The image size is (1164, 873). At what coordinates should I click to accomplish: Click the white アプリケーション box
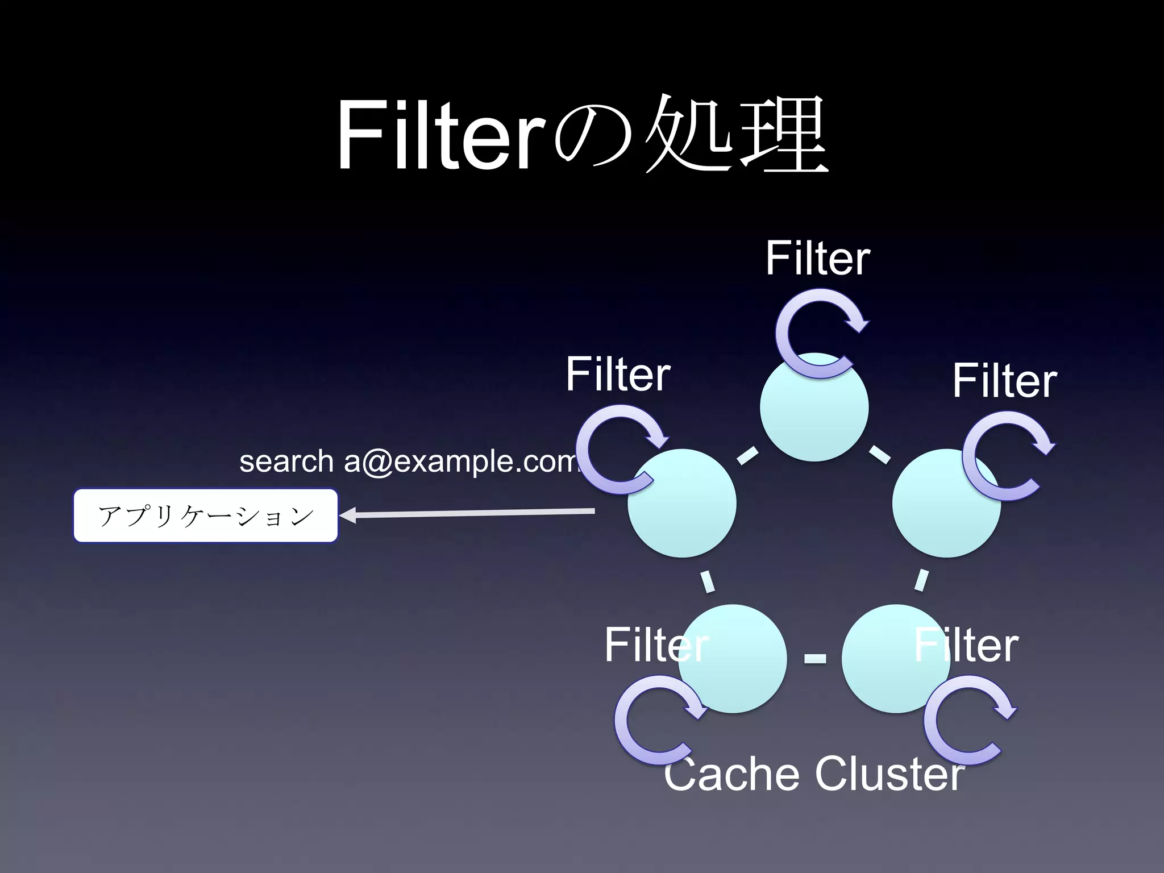coord(206,516)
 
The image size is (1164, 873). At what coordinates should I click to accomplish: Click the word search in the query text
coord(286,461)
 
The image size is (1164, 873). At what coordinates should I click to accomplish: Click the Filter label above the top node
coord(817,258)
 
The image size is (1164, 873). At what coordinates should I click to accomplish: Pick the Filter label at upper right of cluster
coord(1004,380)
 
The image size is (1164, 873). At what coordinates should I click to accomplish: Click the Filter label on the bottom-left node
coord(656,645)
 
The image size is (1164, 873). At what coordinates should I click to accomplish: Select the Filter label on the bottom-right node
coord(966,645)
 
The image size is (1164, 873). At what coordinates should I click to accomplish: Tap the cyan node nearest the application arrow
coord(682,512)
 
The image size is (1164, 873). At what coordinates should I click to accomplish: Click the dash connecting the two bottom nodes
coord(815,659)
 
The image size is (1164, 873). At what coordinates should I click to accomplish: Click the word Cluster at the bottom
coord(889,774)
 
